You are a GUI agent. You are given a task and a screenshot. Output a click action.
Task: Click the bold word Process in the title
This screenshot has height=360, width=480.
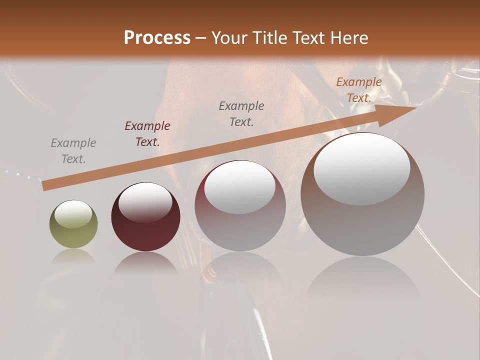click(157, 37)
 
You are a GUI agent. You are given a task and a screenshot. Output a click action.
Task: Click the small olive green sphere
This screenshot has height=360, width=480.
click(73, 224)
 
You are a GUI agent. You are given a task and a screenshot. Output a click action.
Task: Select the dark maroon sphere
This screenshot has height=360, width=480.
click(145, 216)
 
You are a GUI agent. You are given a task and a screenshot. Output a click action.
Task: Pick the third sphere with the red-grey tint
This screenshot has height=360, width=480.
click(240, 205)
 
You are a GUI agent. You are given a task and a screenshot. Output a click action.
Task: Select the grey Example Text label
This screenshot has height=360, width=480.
click(73, 151)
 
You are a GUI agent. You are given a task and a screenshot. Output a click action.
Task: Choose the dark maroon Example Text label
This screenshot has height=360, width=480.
click(147, 134)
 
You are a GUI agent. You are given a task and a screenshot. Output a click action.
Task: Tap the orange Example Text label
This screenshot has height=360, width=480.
click(359, 90)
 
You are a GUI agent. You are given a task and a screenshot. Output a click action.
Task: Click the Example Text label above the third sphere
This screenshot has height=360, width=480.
click(241, 113)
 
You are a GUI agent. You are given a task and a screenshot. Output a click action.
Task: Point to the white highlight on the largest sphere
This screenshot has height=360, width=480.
click(361, 168)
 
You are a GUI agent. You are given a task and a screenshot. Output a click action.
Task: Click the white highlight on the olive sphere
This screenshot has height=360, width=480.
click(73, 214)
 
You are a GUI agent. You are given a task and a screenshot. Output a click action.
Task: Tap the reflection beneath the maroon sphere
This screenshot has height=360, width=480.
click(145, 263)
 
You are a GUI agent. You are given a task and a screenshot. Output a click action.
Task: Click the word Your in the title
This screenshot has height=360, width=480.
click(230, 37)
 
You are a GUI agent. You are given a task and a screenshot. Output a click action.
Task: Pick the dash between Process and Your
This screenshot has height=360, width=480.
click(200, 38)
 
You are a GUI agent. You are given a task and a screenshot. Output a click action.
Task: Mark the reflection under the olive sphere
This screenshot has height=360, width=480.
click(73, 256)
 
